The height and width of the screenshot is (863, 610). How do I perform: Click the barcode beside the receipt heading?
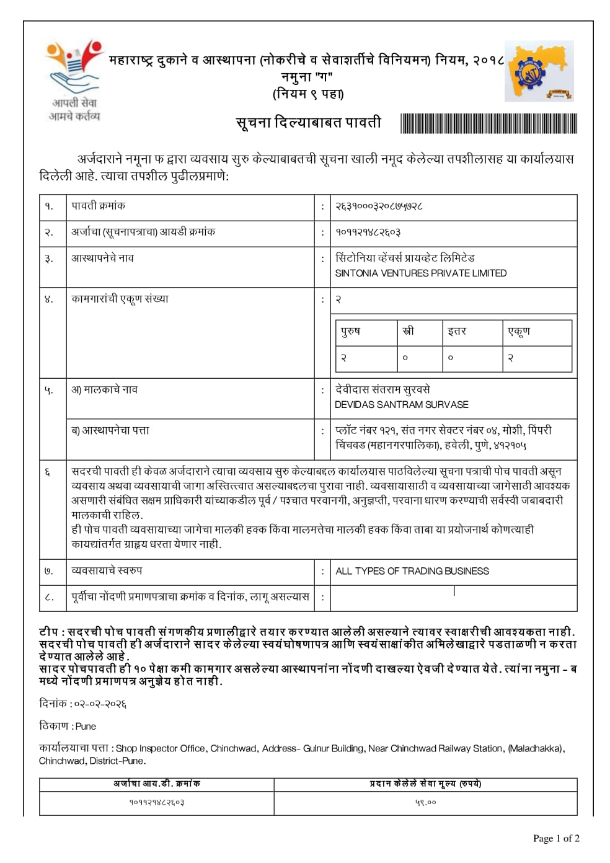click(488, 123)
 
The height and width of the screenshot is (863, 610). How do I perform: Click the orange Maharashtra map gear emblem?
click(538, 71)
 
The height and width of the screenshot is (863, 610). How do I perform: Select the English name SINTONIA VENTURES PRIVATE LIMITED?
click(420, 273)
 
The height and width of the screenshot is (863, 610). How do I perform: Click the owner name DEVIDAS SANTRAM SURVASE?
click(401, 405)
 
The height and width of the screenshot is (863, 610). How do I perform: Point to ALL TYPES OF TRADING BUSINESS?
click(412, 571)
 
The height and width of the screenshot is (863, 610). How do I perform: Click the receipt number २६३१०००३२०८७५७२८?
click(379, 206)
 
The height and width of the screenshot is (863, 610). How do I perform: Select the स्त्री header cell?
click(408, 332)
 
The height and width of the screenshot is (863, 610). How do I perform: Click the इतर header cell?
click(457, 332)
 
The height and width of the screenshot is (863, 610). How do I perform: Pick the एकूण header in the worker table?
click(519, 332)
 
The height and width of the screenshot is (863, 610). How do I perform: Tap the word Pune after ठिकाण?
click(86, 726)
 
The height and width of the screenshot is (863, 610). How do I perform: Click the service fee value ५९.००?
click(425, 803)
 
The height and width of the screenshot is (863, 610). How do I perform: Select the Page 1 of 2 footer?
click(556, 839)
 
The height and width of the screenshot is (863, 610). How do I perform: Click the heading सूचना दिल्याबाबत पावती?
click(308, 123)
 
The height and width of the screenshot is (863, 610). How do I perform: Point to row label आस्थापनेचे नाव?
click(102, 259)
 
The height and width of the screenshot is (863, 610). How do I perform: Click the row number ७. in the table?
click(49, 571)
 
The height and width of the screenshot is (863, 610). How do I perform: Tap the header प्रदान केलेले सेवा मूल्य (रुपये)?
click(425, 784)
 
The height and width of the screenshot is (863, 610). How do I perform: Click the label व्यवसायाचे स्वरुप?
click(107, 571)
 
